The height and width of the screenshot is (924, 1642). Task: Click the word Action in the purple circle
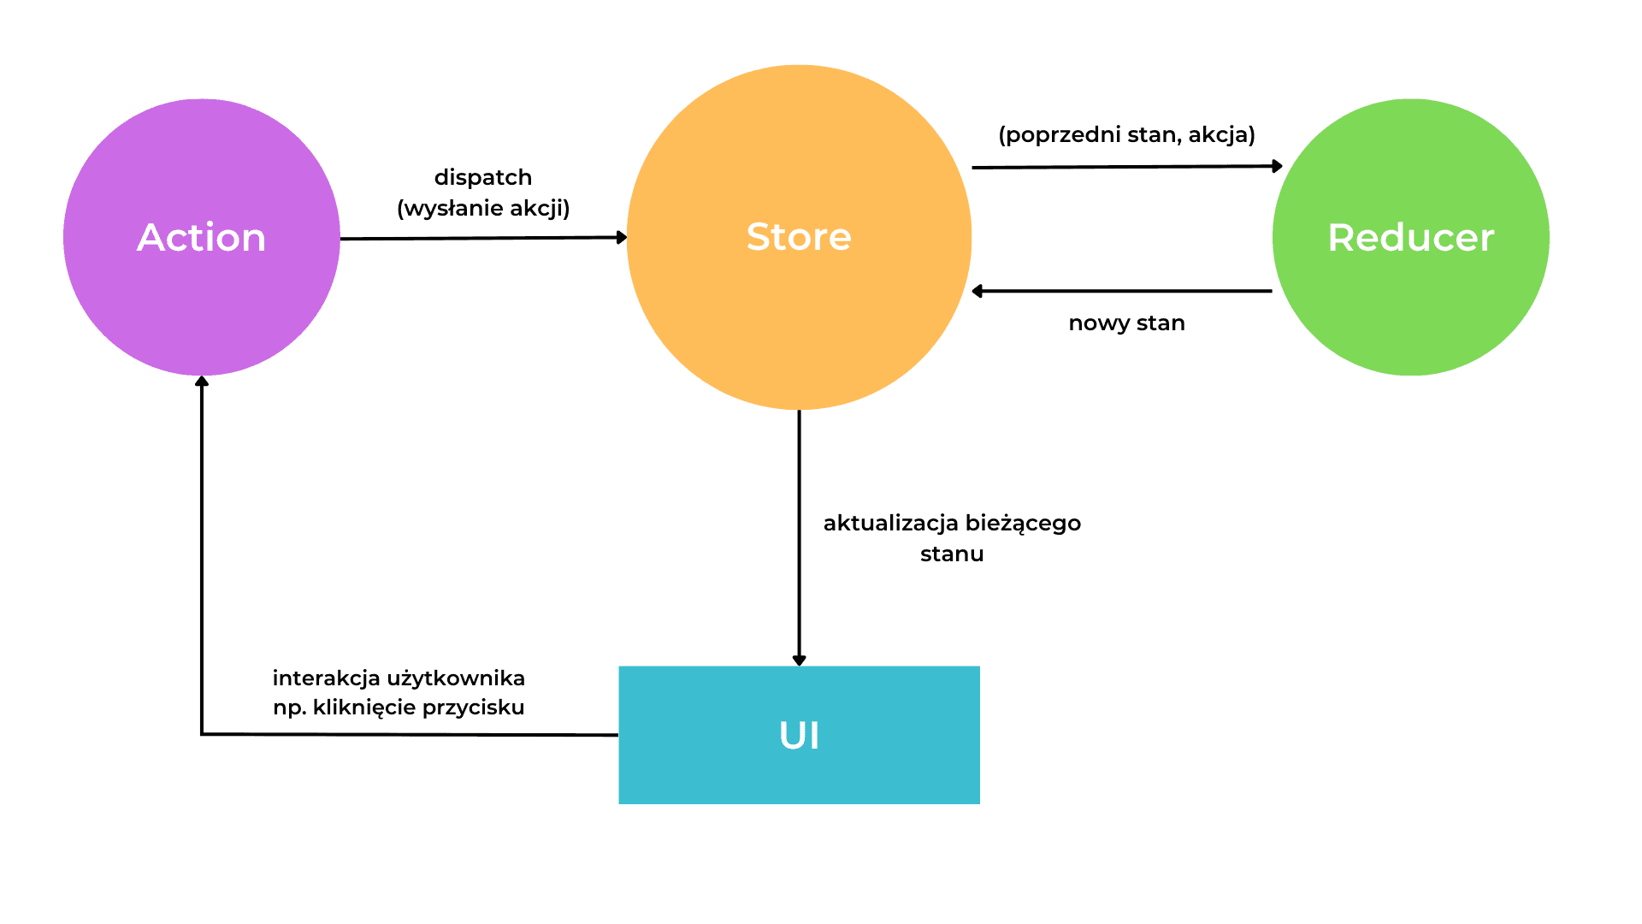pyautogui.click(x=202, y=237)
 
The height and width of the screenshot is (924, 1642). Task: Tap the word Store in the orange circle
pyautogui.click(x=799, y=236)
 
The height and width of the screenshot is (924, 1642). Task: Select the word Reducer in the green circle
pyautogui.click(x=1410, y=237)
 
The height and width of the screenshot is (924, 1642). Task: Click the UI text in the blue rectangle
pyautogui.click(x=799, y=735)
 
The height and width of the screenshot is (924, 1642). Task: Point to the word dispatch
pyautogui.click(x=483, y=177)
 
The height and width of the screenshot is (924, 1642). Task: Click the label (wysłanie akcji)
pyautogui.click(x=483, y=208)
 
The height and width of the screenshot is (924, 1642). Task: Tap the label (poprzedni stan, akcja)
pyautogui.click(x=1126, y=134)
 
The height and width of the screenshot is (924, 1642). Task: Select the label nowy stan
pyautogui.click(x=1126, y=323)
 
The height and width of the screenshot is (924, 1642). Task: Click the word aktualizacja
pyautogui.click(x=890, y=523)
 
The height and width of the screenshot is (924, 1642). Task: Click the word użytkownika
pyautogui.click(x=456, y=678)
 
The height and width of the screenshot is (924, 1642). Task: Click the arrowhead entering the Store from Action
pyautogui.click(x=623, y=237)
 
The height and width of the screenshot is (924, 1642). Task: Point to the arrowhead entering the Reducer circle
pyautogui.click(x=1278, y=166)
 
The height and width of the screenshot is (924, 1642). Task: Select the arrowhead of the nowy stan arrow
pyautogui.click(x=978, y=291)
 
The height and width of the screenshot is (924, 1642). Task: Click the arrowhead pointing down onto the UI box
pyautogui.click(x=799, y=660)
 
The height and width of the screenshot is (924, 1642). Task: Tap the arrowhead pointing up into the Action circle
pyautogui.click(x=202, y=382)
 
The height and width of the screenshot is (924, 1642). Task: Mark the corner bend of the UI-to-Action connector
pyautogui.click(x=202, y=734)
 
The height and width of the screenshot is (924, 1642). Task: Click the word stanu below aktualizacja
pyautogui.click(x=952, y=554)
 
